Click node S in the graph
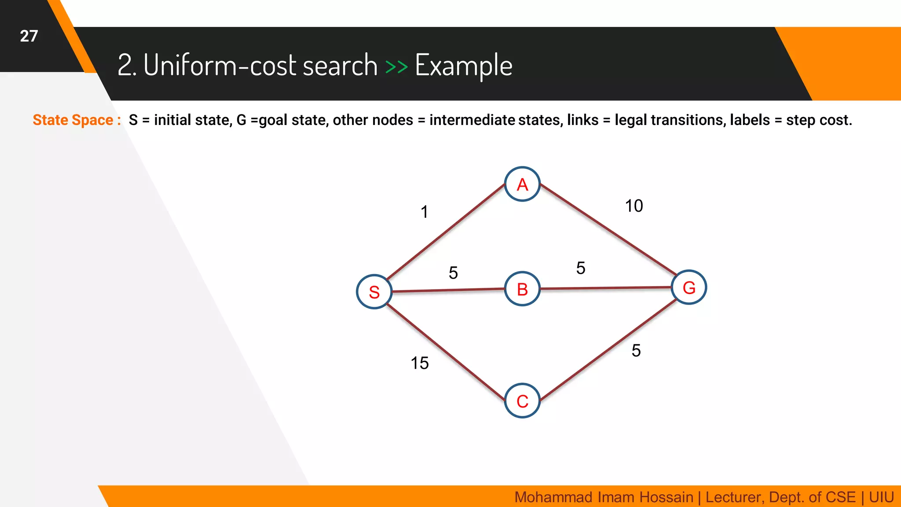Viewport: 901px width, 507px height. click(374, 292)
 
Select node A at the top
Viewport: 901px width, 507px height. click(522, 184)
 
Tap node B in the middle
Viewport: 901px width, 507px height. click(522, 289)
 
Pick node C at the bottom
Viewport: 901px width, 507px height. click(522, 401)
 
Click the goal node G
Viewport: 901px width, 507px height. click(689, 287)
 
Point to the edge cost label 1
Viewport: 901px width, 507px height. click(424, 212)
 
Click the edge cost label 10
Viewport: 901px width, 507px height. click(634, 206)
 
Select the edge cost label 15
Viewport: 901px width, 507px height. click(420, 363)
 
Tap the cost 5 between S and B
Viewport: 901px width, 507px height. click(453, 273)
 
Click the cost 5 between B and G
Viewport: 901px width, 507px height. click(581, 268)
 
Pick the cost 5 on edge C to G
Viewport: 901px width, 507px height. click(636, 351)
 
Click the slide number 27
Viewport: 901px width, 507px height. click(29, 36)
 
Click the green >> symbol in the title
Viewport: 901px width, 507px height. click(396, 66)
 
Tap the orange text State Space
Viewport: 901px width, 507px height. click(73, 120)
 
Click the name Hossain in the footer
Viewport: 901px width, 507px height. click(666, 497)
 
